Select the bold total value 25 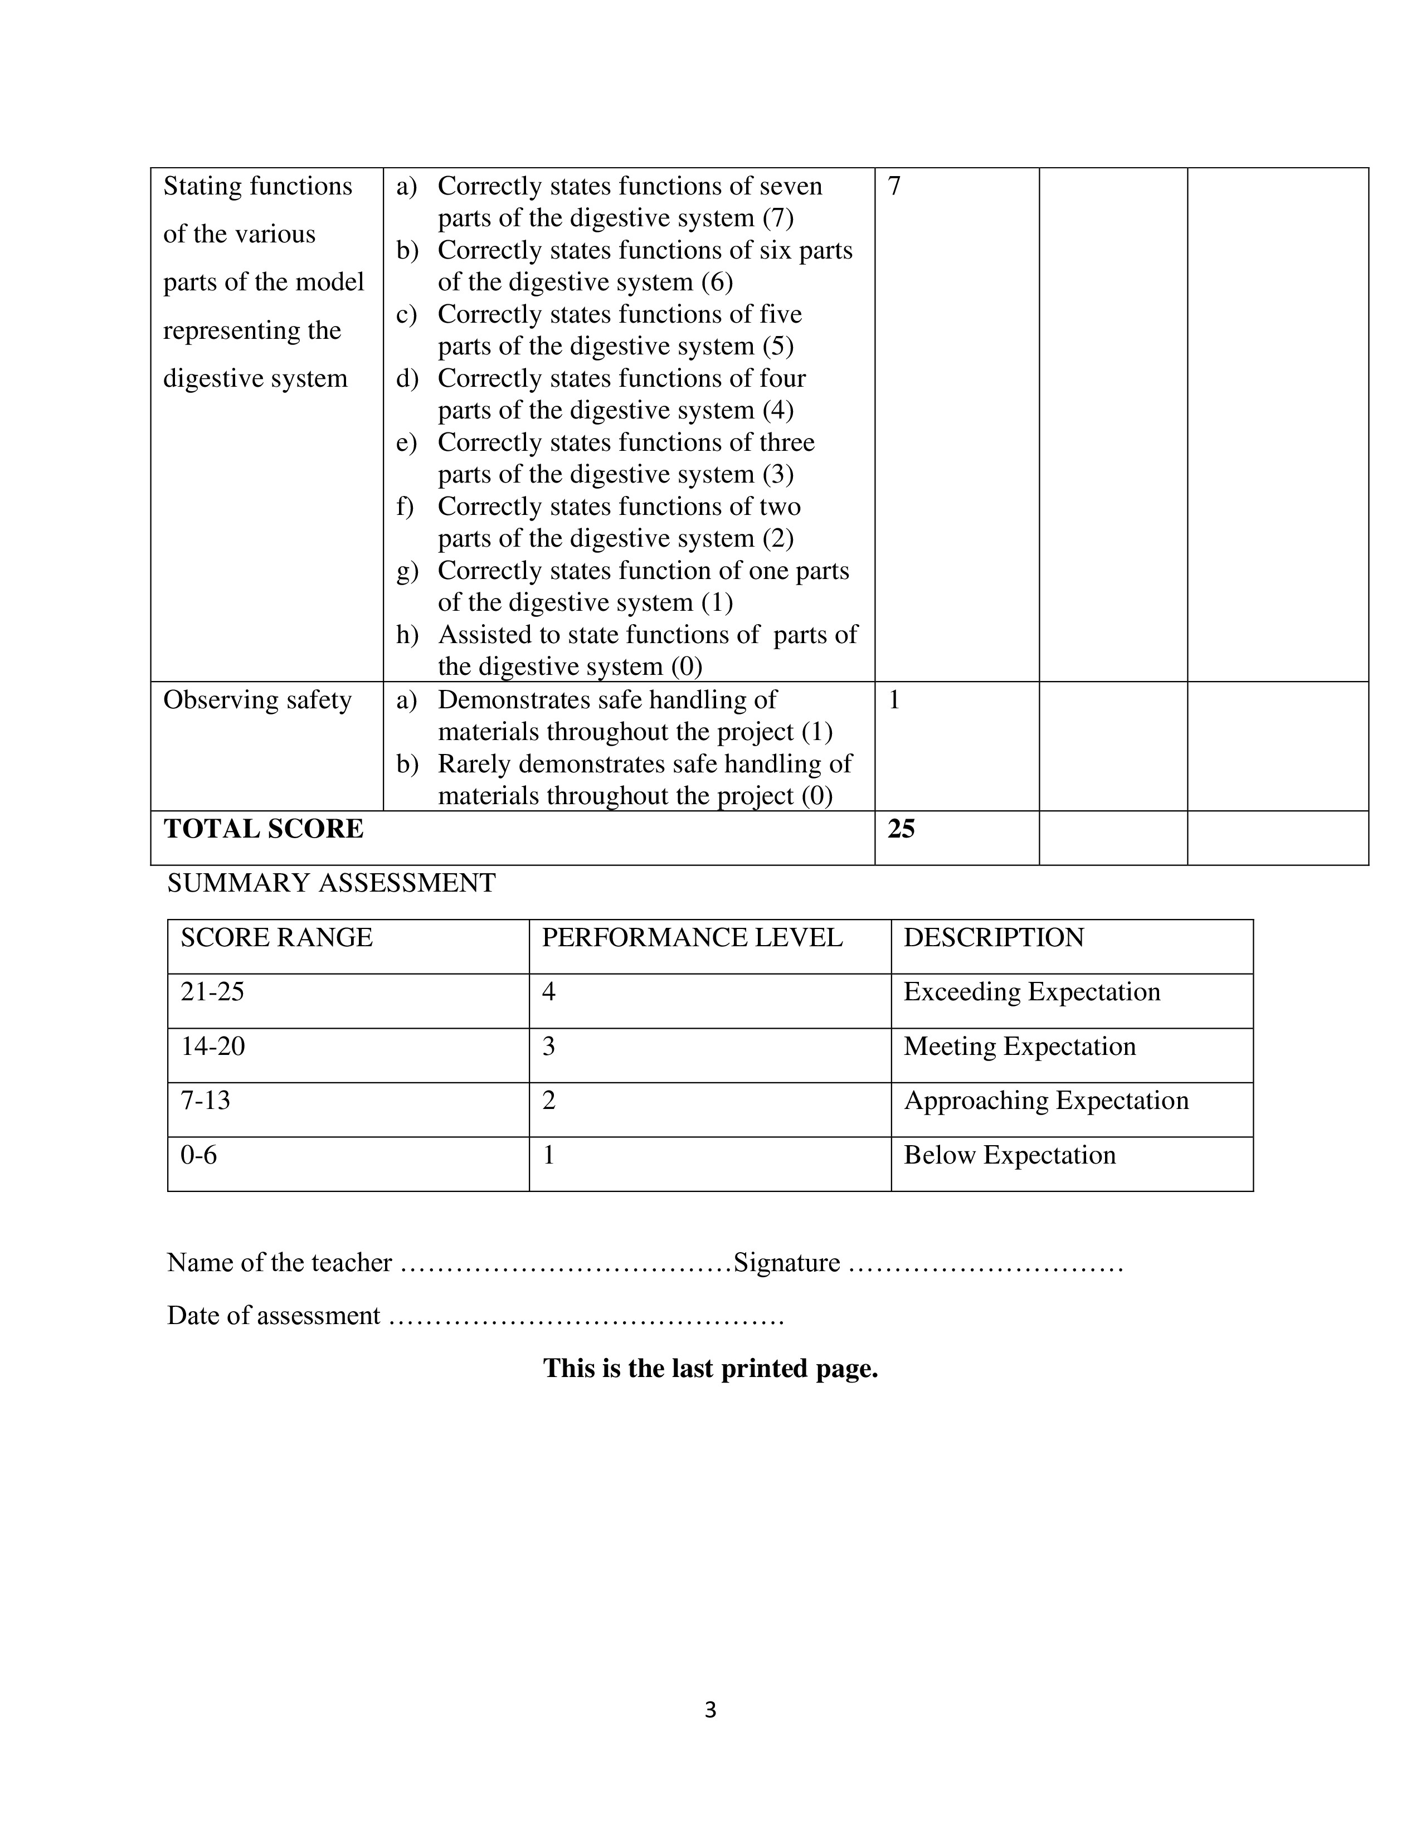pyautogui.click(x=901, y=829)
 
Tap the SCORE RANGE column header pyautogui.click(x=276, y=937)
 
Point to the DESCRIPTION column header pyautogui.click(x=994, y=937)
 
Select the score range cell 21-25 pyautogui.click(x=212, y=992)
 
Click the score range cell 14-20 pyautogui.click(x=213, y=1046)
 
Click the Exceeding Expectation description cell pyautogui.click(x=1031, y=992)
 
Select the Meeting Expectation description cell pyautogui.click(x=1019, y=1046)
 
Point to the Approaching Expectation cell pyautogui.click(x=1045, y=1101)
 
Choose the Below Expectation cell pyautogui.click(x=1009, y=1155)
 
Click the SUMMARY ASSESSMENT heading pyautogui.click(x=332, y=883)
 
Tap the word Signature pyautogui.click(x=786, y=1262)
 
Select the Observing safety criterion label pyautogui.click(x=257, y=700)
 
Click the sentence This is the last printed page pyautogui.click(x=710, y=1368)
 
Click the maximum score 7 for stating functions pyautogui.click(x=894, y=186)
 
